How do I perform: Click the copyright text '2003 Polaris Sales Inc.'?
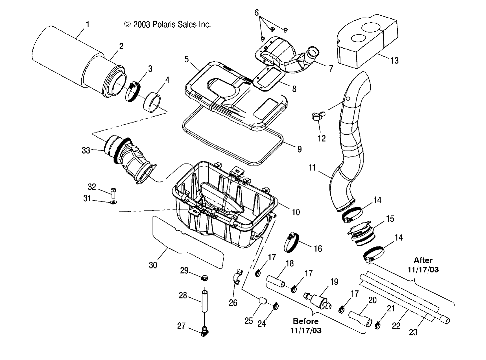[168, 24]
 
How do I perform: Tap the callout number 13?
[394, 61]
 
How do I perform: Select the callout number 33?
[86, 151]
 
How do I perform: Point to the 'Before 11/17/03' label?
[305, 326]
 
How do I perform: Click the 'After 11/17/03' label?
[423, 265]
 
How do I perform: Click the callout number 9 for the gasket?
[299, 149]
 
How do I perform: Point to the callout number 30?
[153, 265]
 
